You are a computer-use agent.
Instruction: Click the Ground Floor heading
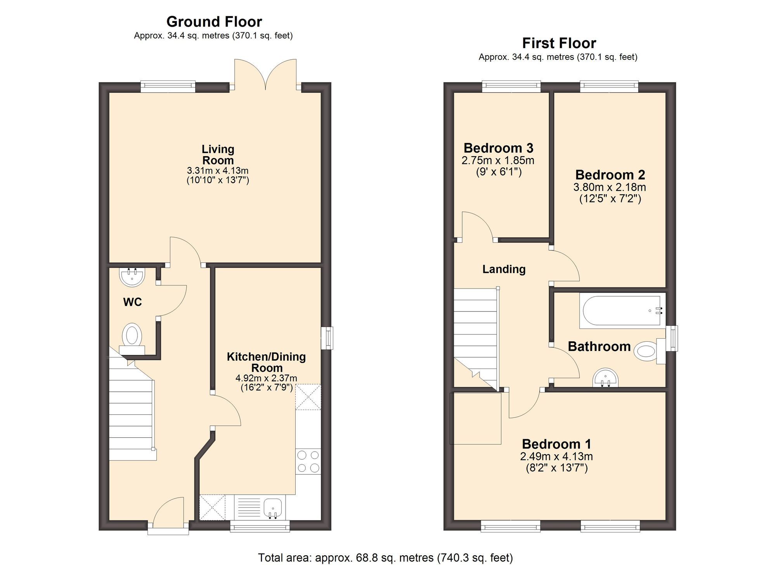[x=214, y=22]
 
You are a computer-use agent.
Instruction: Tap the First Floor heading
[x=559, y=43]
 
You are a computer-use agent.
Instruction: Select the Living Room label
[x=218, y=155]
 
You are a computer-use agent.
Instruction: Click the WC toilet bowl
[x=132, y=335]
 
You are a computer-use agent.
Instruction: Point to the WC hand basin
[x=132, y=277]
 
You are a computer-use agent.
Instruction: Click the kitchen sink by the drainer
[x=272, y=507]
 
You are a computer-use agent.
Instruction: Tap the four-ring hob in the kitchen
[x=308, y=461]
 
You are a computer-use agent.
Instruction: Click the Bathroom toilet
[x=646, y=351]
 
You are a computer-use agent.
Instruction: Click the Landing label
[x=504, y=269]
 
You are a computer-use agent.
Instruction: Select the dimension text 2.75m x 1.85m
[x=498, y=160]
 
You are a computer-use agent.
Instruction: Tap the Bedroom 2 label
[x=610, y=175]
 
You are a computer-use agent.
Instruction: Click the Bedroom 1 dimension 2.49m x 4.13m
[x=556, y=456]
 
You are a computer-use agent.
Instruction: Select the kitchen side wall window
[x=327, y=338]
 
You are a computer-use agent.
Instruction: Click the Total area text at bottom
[x=385, y=558]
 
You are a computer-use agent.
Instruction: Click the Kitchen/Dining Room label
[x=266, y=362]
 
